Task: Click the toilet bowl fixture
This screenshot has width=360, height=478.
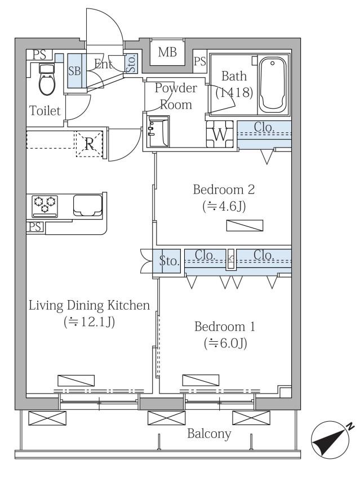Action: click(x=46, y=80)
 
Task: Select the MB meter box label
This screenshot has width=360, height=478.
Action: click(x=167, y=52)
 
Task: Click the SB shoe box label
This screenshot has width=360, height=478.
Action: click(x=74, y=71)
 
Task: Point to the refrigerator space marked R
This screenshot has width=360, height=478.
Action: click(x=89, y=144)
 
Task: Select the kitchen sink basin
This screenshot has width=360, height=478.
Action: click(x=87, y=205)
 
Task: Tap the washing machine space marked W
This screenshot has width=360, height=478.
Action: click(x=220, y=135)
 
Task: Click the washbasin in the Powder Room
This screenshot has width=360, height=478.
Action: click(x=157, y=131)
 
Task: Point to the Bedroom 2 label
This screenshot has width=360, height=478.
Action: click(x=224, y=190)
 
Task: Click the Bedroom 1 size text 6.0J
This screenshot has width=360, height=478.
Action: click(x=225, y=343)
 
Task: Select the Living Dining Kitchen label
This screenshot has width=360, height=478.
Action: click(x=90, y=305)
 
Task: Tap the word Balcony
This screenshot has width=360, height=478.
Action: click(x=209, y=434)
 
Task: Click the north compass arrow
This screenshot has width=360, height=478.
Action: click(x=332, y=440)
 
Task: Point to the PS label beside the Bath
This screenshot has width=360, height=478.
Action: click(x=200, y=62)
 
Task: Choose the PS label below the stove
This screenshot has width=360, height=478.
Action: click(x=35, y=227)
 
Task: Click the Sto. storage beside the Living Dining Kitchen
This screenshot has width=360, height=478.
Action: click(x=168, y=261)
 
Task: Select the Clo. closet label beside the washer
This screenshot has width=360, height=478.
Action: click(x=264, y=127)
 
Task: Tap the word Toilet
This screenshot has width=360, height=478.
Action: click(x=45, y=110)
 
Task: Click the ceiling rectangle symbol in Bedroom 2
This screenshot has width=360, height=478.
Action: click(x=245, y=225)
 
